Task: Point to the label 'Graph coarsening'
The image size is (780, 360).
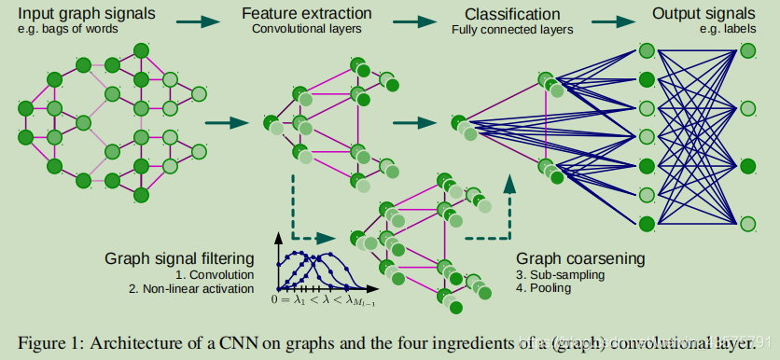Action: pos(580,258)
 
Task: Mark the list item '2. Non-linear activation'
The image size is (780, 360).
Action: pos(194,289)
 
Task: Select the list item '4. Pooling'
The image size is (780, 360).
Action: pos(546,289)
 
